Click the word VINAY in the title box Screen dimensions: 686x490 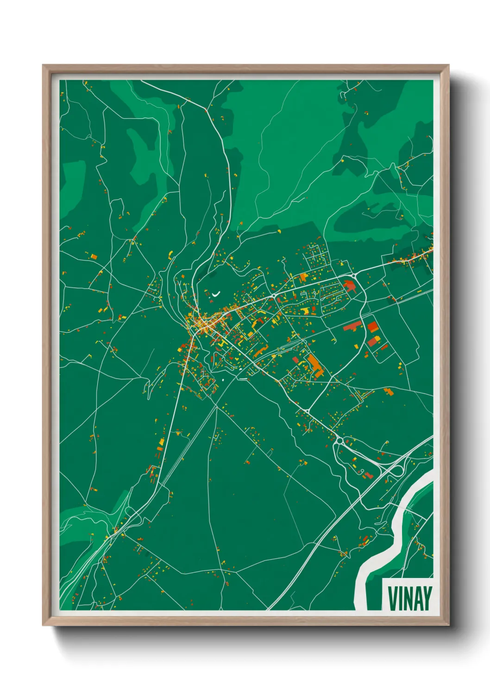coord(410,598)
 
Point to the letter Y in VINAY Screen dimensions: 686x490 coord(427,598)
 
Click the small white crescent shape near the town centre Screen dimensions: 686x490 coord(216,293)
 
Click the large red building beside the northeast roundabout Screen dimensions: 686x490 coord(350,286)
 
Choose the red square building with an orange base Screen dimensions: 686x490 coord(373,327)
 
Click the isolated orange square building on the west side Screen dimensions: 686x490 coord(94,256)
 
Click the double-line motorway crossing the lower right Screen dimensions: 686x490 coord(324,533)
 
